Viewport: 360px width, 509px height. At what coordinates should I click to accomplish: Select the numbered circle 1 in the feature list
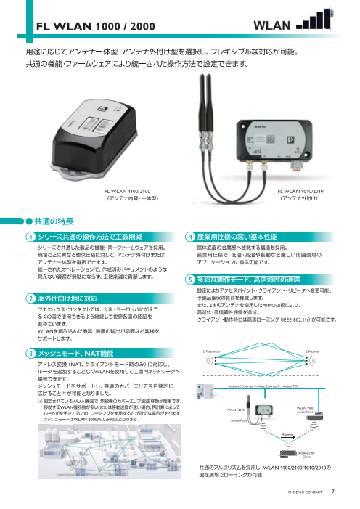pyautogui.click(x=29, y=237)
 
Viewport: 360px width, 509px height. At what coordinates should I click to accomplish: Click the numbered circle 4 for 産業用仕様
pyautogui.click(x=189, y=237)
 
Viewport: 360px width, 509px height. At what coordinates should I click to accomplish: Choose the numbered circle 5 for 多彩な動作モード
pyautogui.click(x=189, y=280)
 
